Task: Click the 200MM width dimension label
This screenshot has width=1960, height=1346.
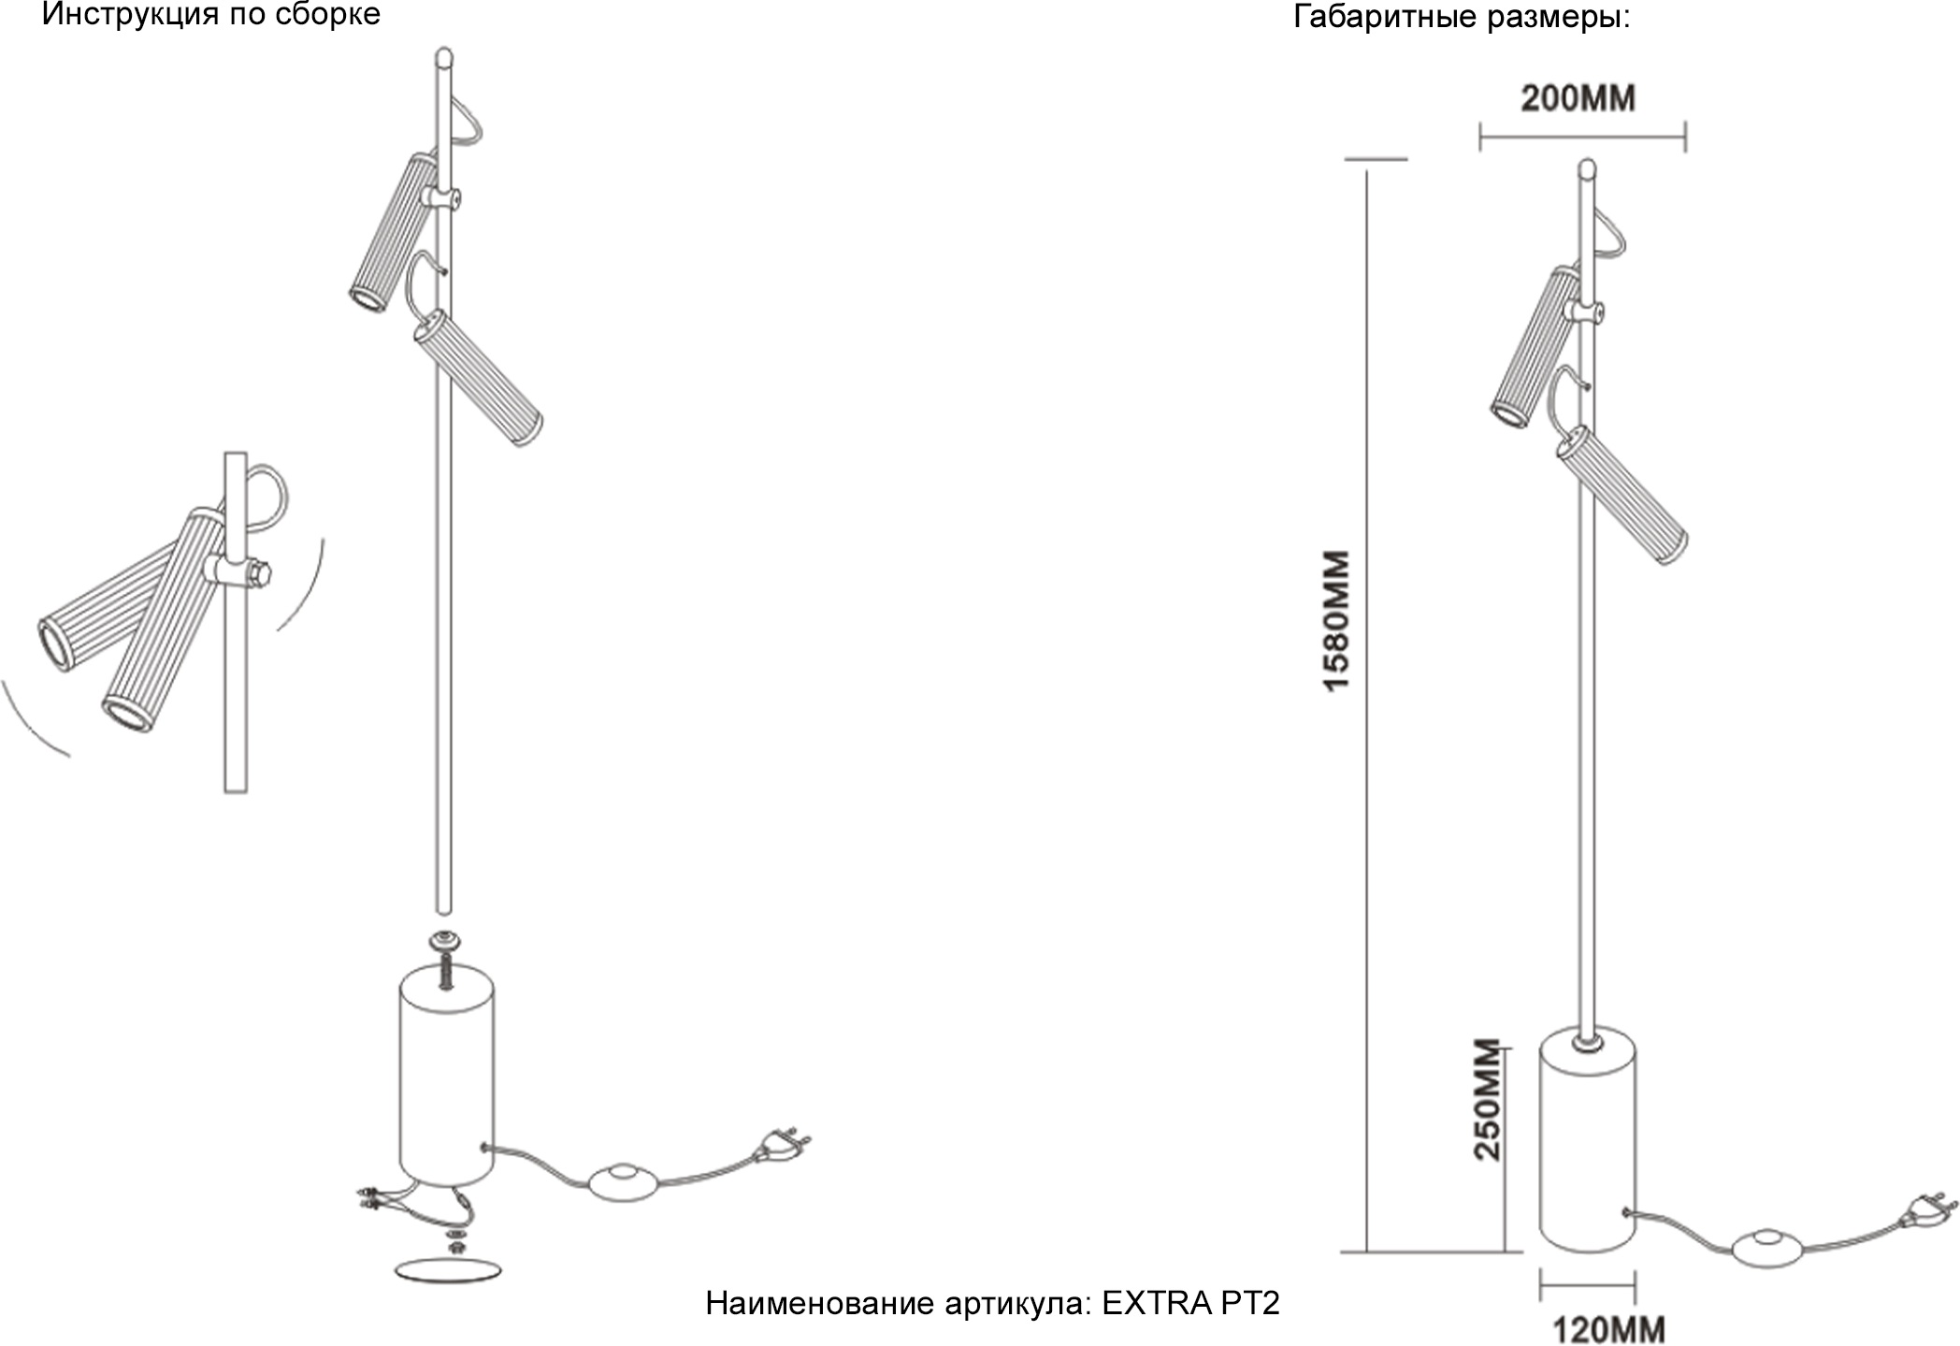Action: tap(1578, 99)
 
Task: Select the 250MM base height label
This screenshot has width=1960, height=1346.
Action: tap(1487, 1100)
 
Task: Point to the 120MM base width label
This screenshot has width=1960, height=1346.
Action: tap(1609, 1329)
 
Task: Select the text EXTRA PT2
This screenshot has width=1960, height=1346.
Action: tap(1190, 1303)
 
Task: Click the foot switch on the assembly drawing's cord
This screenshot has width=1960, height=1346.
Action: tap(622, 1181)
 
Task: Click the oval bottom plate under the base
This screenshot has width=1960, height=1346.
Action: tap(448, 1270)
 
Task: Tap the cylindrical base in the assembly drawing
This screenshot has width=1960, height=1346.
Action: tap(446, 1076)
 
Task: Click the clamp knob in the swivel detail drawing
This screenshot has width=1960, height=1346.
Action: tap(260, 572)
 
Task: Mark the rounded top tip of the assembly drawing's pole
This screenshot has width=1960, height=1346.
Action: tap(444, 55)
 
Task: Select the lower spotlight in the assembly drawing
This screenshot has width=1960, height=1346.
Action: tap(478, 378)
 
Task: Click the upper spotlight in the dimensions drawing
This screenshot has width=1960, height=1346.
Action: tap(1535, 346)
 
